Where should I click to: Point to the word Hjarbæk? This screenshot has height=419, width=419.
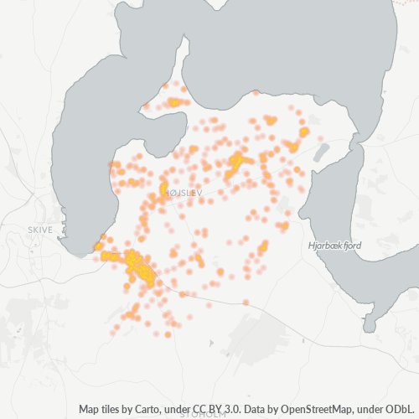click(323, 246)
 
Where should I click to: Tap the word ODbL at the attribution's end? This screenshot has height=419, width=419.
click(400, 409)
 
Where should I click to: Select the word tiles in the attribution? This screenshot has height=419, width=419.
click(115, 409)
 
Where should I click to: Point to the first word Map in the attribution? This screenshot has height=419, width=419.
click(90, 409)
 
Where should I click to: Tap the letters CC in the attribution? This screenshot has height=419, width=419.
click(203, 409)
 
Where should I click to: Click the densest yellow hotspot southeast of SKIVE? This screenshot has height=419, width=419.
click(138, 266)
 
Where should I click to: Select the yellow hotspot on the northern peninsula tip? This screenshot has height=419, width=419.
click(174, 102)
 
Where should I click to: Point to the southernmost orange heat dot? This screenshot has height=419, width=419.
click(168, 334)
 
